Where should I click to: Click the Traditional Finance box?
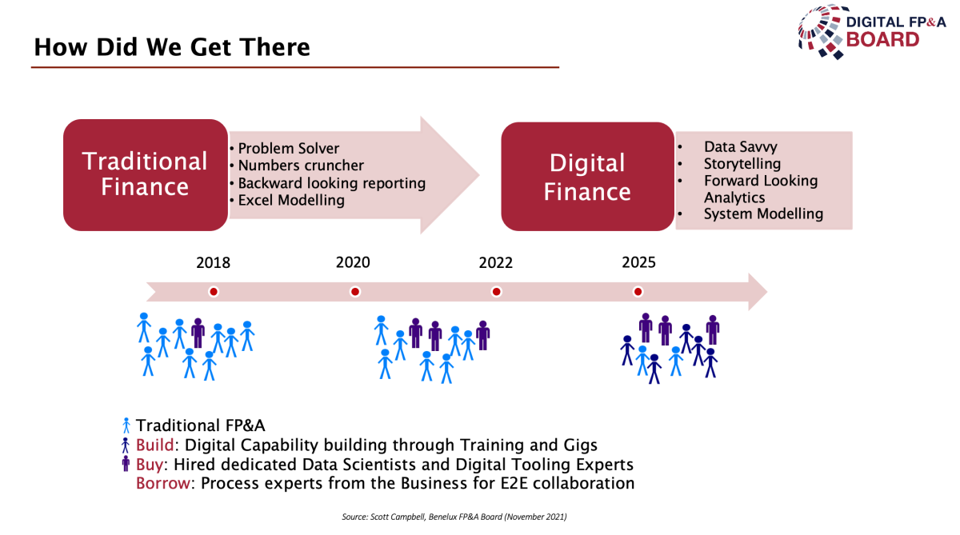pyautogui.click(x=146, y=175)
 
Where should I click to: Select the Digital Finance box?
pyautogui.click(x=587, y=177)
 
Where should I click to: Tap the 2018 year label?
pyautogui.click(x=213, y=262)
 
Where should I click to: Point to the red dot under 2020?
pyautogui.click(x=355, y=292)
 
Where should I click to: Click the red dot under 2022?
pyautogui.click(x=496, y=292)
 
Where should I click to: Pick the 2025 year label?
pyautogui.click(x=638, y=262)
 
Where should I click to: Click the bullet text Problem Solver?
pyautogui.click(x=289, y=148)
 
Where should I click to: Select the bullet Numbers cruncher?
pyautogui.click(x=301, y=166)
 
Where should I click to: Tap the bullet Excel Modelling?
pyautogui.click(x=291, y=200)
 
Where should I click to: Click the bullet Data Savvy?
pyautogui.click(x=740, y=147)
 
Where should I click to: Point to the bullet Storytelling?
pyautogui.click(x=742, y=164)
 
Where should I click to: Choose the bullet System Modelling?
pyautogui.click(x=763, y=214)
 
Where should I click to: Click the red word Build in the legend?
pyautogui.click(x=154, y=445)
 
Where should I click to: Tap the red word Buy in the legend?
pyautogui.click(x=150, y=465)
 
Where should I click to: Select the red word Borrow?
pyautogui.click(x=163, y=483)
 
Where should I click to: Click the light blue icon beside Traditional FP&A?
pyautogui.click(x=126, y=425)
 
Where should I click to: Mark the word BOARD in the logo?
pyautogui.click(x=882, y=40)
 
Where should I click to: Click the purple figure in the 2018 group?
pyautogui.click(x=198, y=333)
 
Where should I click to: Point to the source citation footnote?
pyautogui.click(x=454, y=517)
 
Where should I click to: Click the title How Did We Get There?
pyautogui.click(x=172, y=46)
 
